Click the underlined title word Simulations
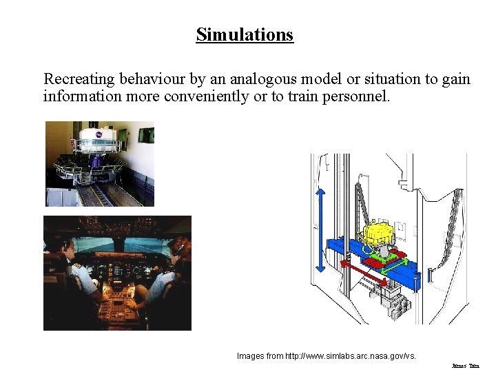tap(245, 34)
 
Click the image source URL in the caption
tap(351, 356)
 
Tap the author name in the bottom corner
tap(465, 366)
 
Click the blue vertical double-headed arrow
tap(320, 231)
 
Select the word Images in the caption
tap(250, 356)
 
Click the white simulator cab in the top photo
tap(100, 138)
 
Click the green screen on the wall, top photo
tap(146, 134)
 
